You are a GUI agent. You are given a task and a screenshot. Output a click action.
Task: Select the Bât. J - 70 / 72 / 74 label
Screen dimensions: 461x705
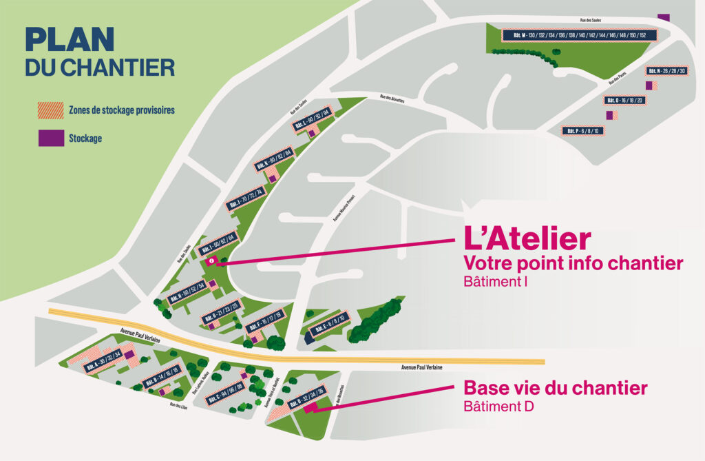tap(245, 198)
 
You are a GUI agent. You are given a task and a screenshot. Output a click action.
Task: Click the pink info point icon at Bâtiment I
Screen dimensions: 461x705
tap(211, 261)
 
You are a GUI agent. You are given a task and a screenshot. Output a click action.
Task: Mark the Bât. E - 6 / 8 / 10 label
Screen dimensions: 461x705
tap(330, 327)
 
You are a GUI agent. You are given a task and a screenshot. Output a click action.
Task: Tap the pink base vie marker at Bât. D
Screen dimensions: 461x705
tap(309, 408)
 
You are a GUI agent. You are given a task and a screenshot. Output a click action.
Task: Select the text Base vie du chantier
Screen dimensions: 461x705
tap(555, 388)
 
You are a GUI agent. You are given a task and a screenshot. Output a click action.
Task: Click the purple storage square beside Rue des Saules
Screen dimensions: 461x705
tap(664, 17)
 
